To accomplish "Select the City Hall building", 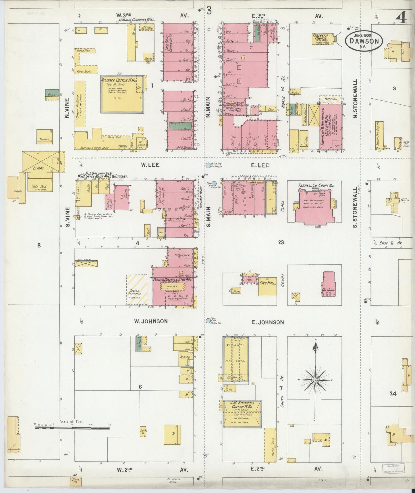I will pos(267,286).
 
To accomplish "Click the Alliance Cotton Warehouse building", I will pos(122,94).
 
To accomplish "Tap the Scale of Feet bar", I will pos(72,428).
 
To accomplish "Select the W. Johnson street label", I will pos(151,321).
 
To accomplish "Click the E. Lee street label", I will pos(260,165).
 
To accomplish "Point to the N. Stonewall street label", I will pos(355,99).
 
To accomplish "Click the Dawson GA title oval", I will pos(364,41).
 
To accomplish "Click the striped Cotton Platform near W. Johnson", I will pos(137,290).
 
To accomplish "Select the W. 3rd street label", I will pos(124,15).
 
